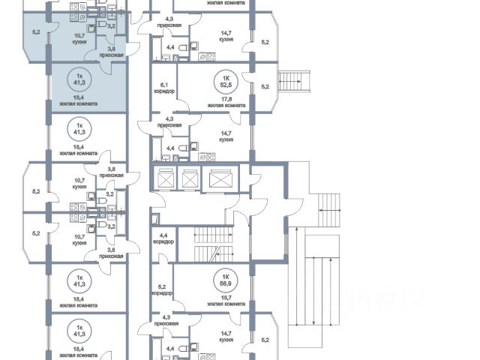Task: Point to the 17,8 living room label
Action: click(224, 101)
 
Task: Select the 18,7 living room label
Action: click(224, 300)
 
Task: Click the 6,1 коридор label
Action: click(163, 88)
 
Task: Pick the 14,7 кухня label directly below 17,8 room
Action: click(224, 136)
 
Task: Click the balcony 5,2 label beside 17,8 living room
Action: click(264, 86)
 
